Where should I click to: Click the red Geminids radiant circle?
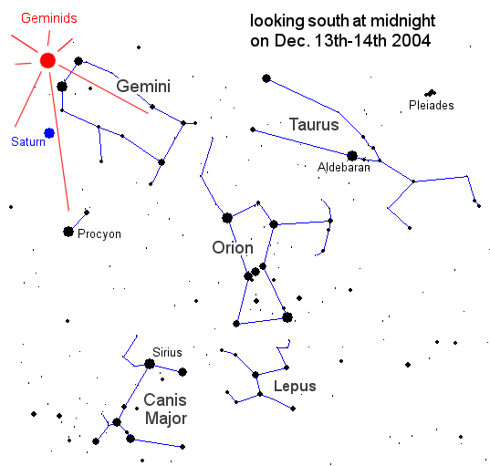pos(47,60)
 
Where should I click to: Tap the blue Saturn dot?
pos(49,133)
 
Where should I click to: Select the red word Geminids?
pos(49,18)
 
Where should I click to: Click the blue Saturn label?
pos(28,141)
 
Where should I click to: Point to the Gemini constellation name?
pos(143,86)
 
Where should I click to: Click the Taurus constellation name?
pos(314,124)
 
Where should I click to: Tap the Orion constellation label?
pos(233,248)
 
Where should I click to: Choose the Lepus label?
pos(295,387)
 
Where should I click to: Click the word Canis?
pos(165,399)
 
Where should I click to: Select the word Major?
pos(166,419)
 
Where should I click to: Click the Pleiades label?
pos(432,105)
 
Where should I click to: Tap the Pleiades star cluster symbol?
pos(431,93)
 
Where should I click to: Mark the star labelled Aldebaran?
pos(352,156)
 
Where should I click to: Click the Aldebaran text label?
pos(344,168)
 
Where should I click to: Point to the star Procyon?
pos(68,232)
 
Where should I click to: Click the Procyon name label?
pos(99,234)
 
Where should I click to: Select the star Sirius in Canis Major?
pos(150,364)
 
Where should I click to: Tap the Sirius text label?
pos(167,352)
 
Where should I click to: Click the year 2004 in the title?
pos(411,41)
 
